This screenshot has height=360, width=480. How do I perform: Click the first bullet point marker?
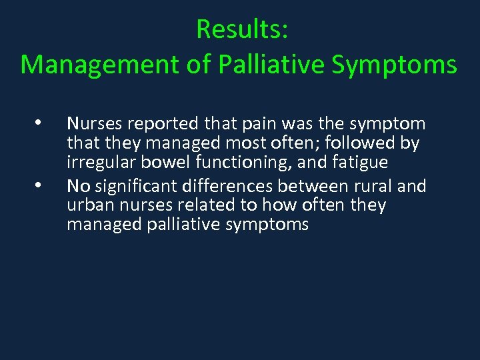39,123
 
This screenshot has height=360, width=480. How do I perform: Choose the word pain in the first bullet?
247,124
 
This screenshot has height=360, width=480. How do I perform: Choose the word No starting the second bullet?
77,185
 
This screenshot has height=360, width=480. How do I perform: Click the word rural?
369,185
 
